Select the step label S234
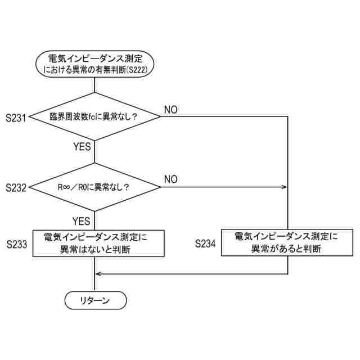(206, 244)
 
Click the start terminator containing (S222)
(94, 63)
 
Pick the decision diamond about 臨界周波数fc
(94, 117)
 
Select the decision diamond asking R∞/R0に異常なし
(94, 187)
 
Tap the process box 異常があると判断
(286, 243)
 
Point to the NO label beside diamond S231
(171, 109)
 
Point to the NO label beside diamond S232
(171, 179)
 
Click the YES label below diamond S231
(82, 147)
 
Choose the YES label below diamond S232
(82, 220)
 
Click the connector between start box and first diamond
(94, 85)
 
